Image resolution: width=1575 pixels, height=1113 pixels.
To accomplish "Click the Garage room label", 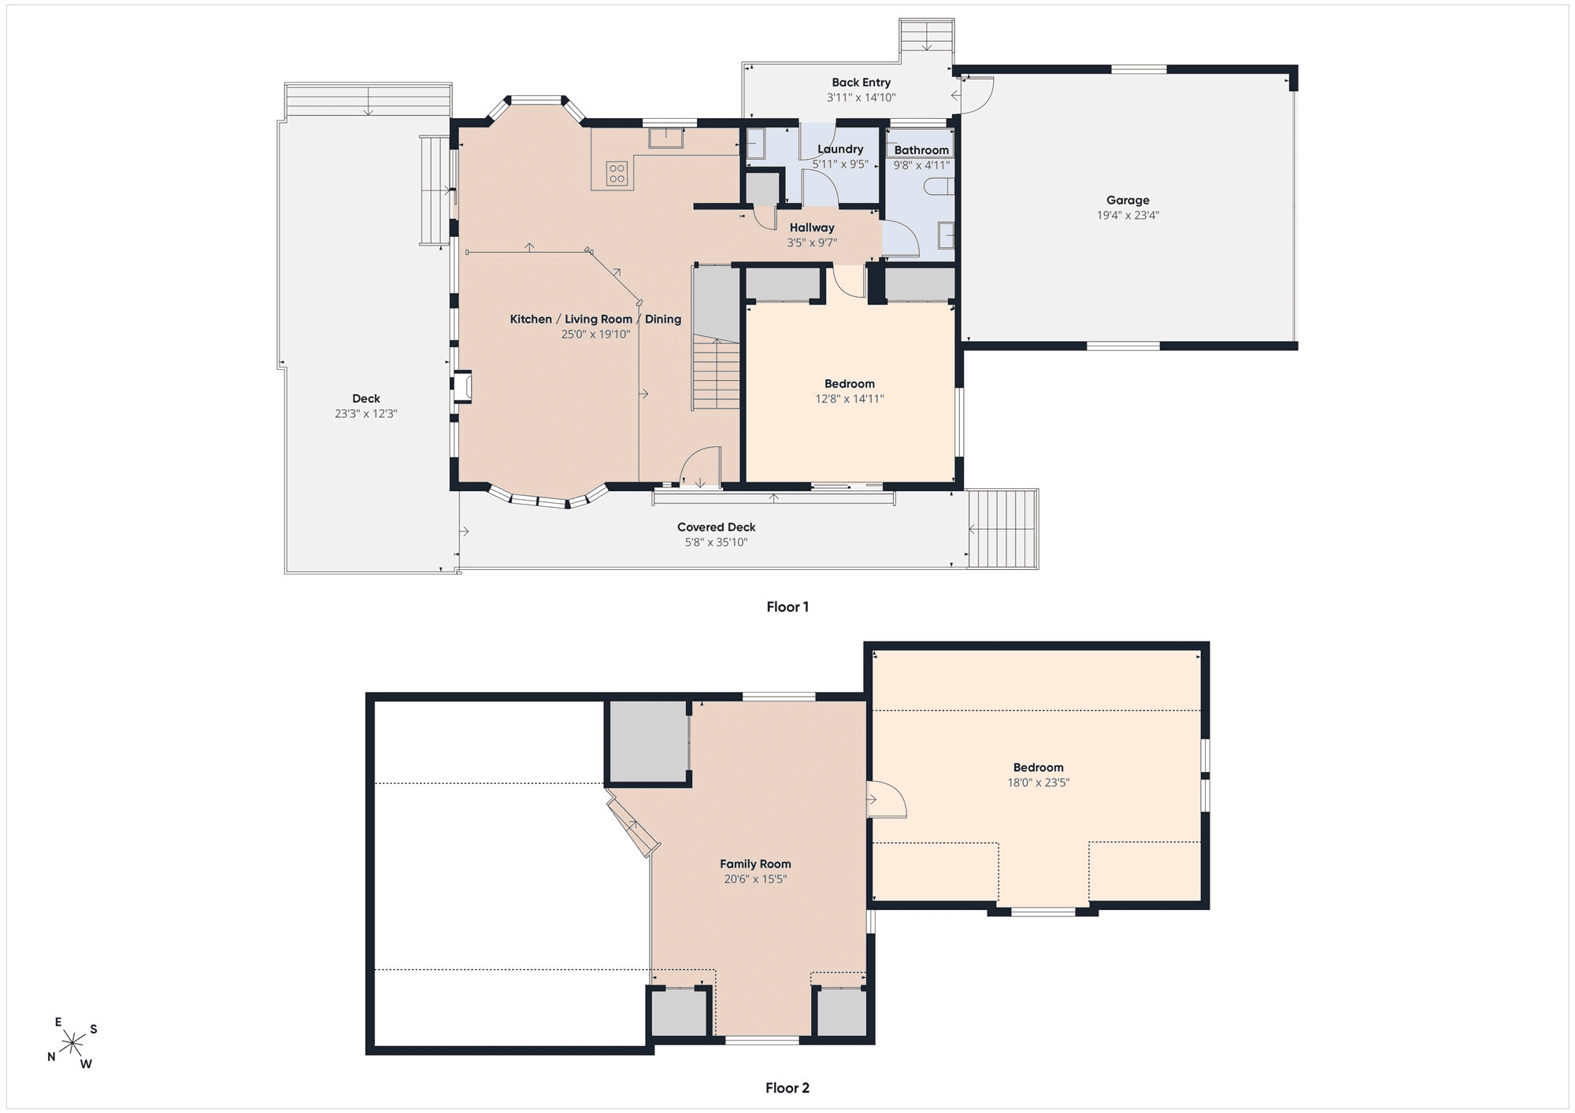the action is tap(1128, 200).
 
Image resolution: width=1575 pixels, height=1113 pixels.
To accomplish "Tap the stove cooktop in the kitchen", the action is tap(617, 174).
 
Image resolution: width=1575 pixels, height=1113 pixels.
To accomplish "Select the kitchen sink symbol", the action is tap(665, 138).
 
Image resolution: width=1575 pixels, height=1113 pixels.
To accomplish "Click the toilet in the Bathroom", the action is tap(942, 187).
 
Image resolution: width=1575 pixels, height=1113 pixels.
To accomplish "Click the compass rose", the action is tap(72, 1044).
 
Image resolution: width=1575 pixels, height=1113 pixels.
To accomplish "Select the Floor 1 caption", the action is tap(787, 607).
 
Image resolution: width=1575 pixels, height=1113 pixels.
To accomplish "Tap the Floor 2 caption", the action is tap(787, 1088).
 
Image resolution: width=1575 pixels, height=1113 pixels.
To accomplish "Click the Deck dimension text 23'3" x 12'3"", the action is tap(366, 414).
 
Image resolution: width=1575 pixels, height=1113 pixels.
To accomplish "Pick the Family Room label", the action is tap(755, 864).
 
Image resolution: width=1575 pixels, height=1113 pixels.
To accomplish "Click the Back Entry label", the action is tap(862, 83).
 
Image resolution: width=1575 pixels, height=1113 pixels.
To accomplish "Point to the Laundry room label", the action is tap(840, 150).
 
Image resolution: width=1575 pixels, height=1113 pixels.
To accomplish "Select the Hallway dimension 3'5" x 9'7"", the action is tap(812, 243).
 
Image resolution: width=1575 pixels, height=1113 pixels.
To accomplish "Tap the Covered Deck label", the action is tap(717, 527).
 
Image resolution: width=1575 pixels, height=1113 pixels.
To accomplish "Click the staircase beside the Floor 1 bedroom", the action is tap(717, 338).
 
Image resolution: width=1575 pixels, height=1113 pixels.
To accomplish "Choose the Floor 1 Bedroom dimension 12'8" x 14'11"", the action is tap(850, 399).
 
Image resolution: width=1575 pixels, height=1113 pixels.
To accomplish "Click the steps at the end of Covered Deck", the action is tap(1003, 529).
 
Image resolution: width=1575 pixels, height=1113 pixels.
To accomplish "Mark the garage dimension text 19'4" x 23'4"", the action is tap(1128, 216).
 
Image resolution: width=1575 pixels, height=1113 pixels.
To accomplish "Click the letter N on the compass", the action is tap(51, 1057).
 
